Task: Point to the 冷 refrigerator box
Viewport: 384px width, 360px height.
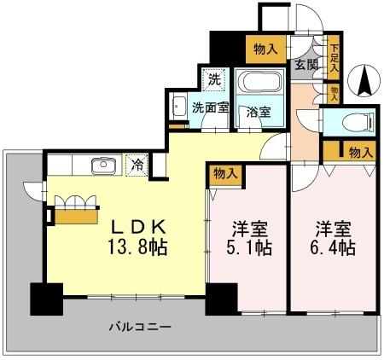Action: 137,165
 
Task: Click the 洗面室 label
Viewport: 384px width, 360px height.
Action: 210,108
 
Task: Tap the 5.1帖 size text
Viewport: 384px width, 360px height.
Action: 248,249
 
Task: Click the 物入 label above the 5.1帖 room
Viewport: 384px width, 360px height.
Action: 225,173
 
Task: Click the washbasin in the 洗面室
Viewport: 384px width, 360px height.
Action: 179,109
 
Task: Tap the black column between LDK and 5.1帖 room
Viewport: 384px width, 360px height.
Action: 220,299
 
